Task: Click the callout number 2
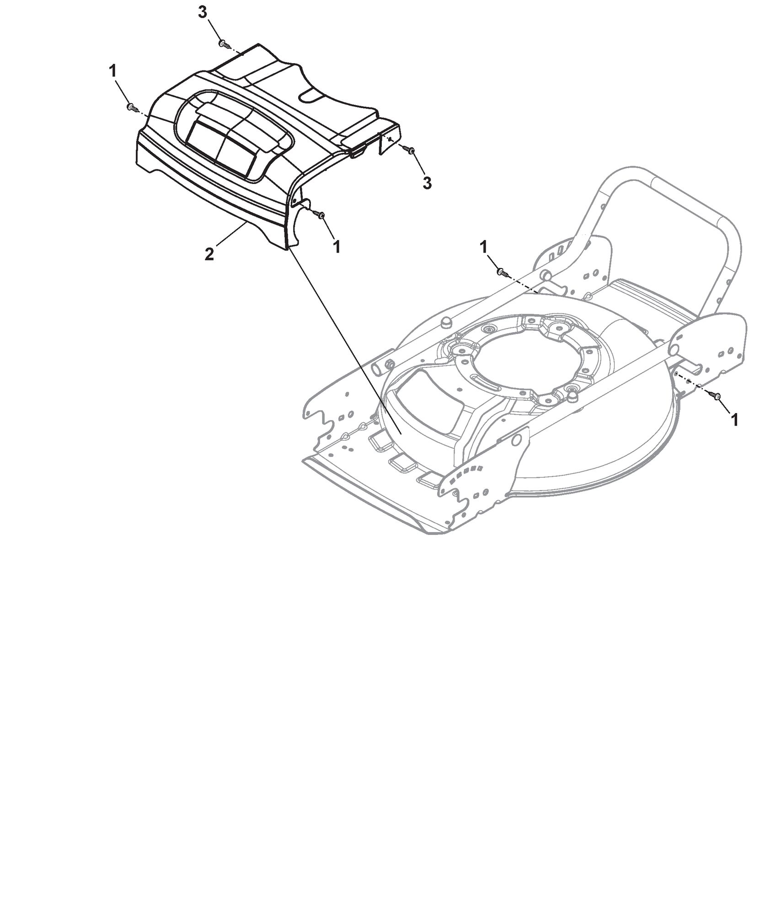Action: pos(209,254)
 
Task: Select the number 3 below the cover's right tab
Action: pos(427,183)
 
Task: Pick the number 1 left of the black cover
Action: pos(112,71)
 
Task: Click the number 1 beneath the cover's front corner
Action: pos(337,247)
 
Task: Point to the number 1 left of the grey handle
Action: pos(483,247)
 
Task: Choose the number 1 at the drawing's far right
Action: pos(735,420)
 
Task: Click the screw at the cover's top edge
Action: pos(224,44)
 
